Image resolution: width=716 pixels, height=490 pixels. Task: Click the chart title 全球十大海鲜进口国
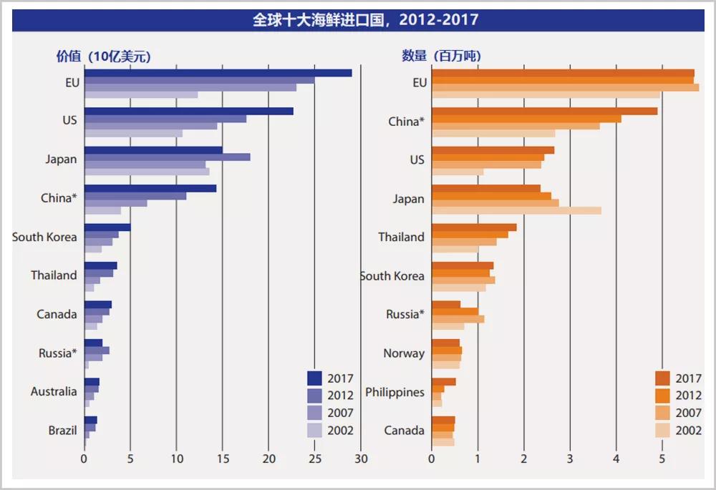(365, 20)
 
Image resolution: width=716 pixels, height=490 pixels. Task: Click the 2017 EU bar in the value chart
(218, 73)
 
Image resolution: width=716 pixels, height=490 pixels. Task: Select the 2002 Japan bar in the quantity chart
(516, 210)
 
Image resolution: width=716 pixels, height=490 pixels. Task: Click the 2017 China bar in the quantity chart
(544, 112)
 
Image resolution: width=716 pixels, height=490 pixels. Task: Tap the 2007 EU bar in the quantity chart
(565, 87)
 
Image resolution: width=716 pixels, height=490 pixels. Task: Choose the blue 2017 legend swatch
(314, 378)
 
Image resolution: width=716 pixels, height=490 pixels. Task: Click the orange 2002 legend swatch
(662, 430)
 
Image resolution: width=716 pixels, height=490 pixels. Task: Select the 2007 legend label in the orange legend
(689, 413)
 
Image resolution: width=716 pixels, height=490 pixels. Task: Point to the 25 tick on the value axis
(314, 459)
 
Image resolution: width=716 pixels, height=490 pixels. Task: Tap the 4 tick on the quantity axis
(616, 459)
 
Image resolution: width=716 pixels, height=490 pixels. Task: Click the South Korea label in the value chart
(44, 237)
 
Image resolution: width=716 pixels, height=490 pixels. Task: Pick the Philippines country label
(395, 392)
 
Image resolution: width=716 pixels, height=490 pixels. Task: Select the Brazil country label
(62, 431)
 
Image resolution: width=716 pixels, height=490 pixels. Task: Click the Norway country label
(404, 353)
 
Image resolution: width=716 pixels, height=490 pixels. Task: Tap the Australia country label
(54, 392)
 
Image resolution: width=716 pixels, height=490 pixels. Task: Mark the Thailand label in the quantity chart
(401, 237)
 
